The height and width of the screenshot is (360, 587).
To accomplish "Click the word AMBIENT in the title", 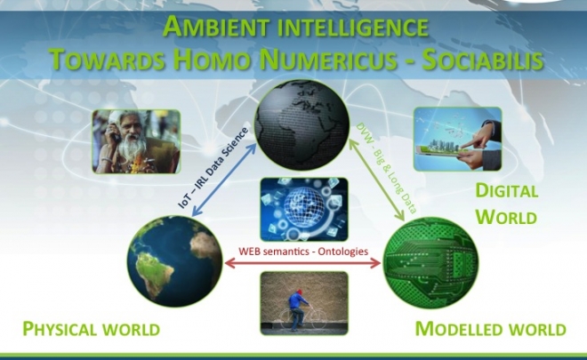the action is click(x=216, y=27).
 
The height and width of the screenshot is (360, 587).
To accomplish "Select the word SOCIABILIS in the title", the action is click(x=483, y=60).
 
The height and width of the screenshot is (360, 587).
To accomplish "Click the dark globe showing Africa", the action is click(x=302, y=124).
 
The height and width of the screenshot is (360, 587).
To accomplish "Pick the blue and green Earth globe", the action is click(x=175, y=260).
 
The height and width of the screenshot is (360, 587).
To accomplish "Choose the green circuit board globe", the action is click(x=430, y=263).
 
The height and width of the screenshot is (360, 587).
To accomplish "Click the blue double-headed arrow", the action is click(x=224, y=180).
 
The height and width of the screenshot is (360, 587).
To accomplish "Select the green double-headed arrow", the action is click(x=376, y=180).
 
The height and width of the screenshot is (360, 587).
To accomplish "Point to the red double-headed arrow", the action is click(x=302, y=263).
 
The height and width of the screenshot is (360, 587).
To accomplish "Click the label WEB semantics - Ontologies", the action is click(x=303, y=251).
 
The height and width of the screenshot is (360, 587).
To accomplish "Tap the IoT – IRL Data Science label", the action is click(x=213, y=168).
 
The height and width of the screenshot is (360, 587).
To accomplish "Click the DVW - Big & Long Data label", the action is click(x=386, y=168).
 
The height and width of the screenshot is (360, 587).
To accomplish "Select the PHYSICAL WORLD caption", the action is click(x=92, y=329).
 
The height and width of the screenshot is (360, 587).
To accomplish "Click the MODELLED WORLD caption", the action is click(x=490, y=329).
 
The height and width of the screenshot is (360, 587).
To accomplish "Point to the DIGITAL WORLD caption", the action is click(x=507, y=204).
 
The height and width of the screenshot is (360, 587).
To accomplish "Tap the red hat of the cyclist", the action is click(x=298, y=292).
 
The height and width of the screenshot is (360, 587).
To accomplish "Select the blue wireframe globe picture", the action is click(x=304, y=209).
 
